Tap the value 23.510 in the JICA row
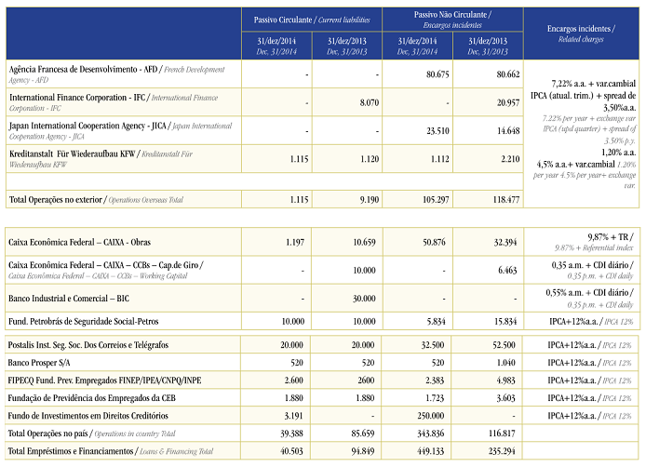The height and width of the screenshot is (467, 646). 437,131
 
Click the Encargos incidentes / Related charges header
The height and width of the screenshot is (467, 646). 583,33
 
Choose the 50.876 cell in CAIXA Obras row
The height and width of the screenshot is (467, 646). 436,242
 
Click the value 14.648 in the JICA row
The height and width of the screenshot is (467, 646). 504,131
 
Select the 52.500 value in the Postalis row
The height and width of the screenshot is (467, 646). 503,345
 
